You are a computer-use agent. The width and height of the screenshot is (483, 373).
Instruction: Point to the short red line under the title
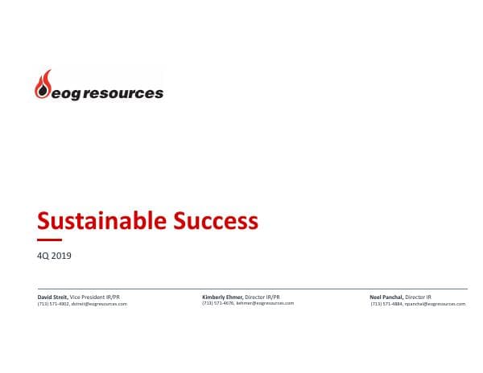49,240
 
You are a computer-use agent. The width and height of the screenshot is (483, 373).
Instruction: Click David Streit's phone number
53,304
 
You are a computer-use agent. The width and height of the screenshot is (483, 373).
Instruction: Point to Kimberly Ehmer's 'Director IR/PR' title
262,297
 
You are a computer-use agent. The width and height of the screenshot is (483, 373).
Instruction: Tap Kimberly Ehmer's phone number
217,303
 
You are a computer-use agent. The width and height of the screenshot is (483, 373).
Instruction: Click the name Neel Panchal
386,297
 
